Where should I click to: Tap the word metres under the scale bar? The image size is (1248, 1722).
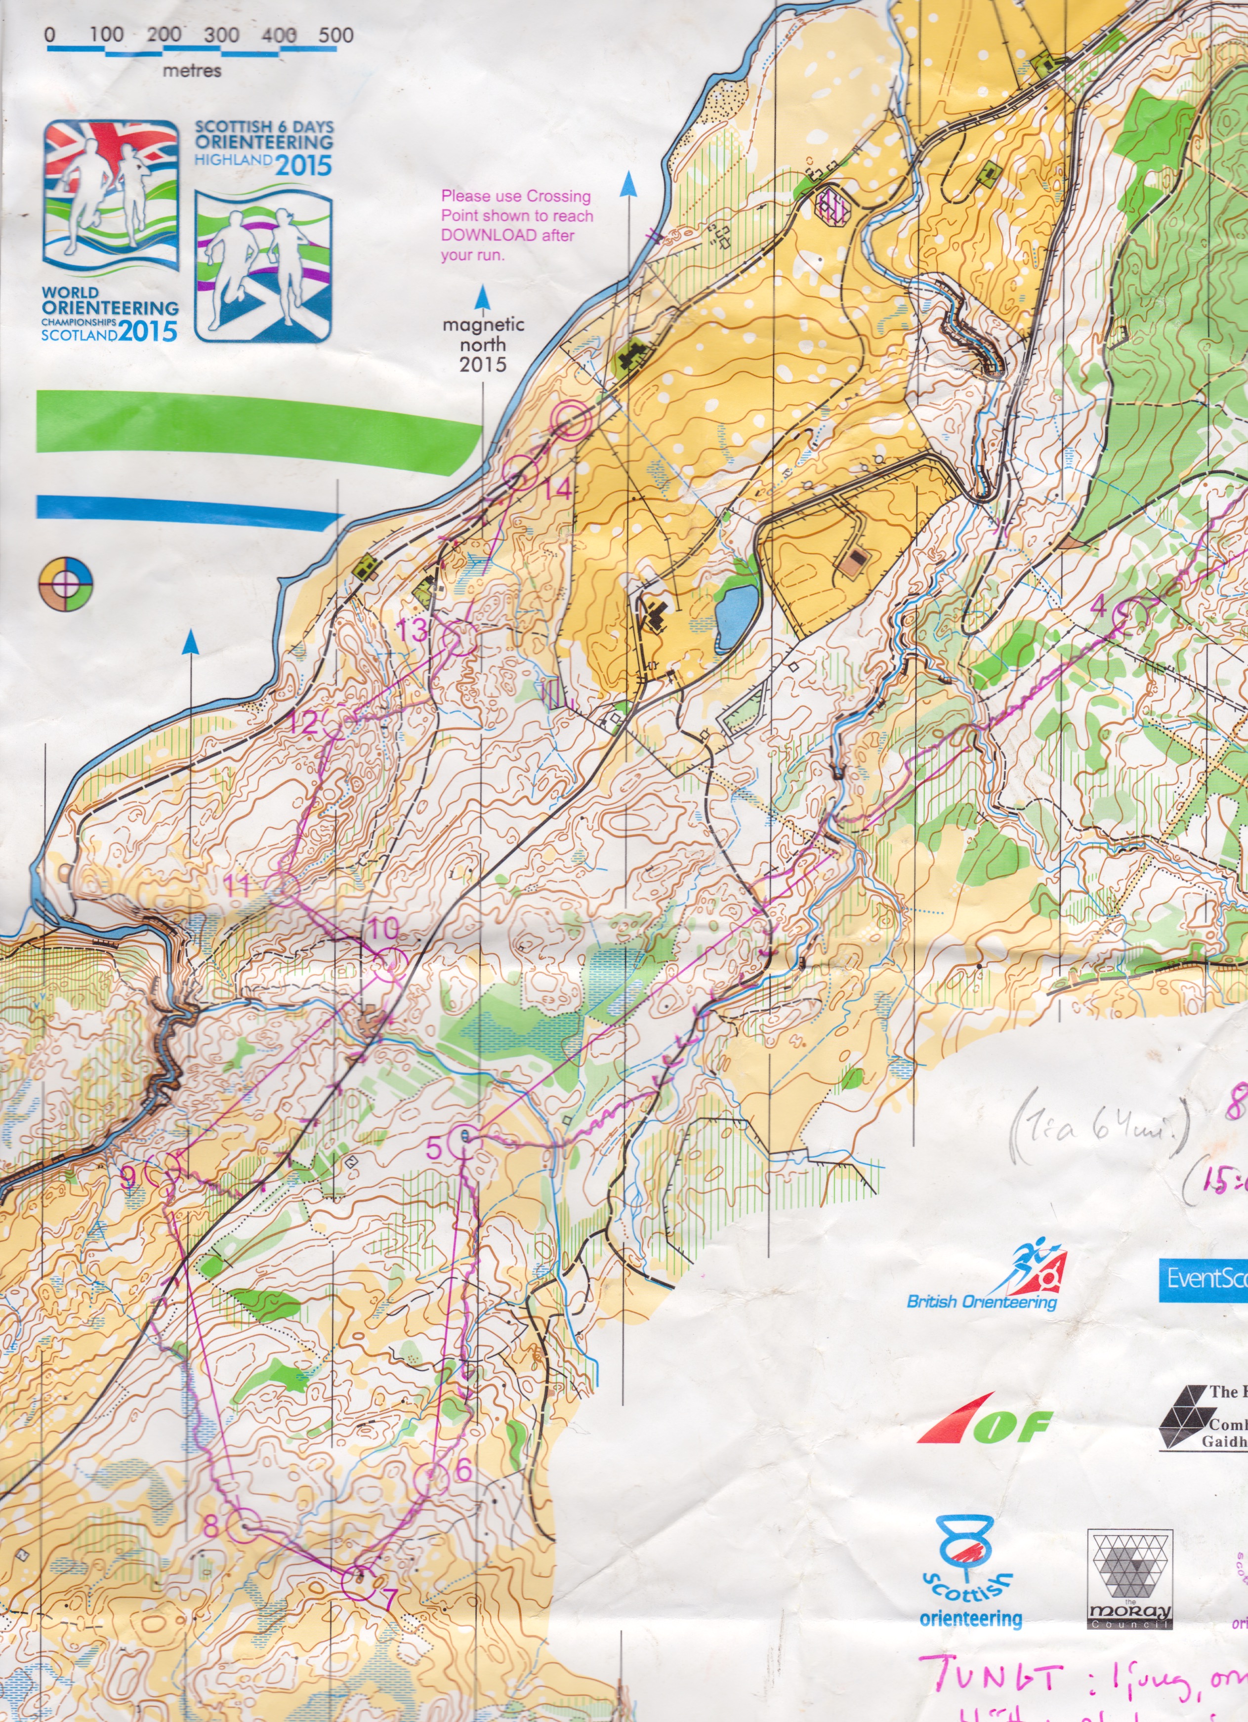click(x=192, y=71)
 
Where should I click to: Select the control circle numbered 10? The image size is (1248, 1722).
click(x=387, y=964)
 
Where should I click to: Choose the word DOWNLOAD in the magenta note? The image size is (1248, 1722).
click(x=479, y=235)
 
